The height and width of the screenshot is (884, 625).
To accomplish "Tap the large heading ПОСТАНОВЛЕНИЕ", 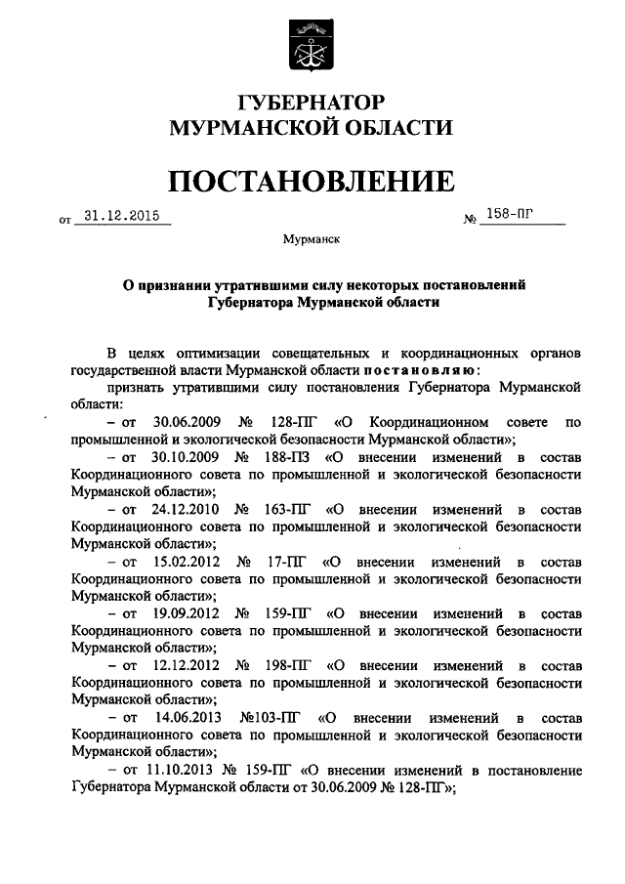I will click(x=312, y=181).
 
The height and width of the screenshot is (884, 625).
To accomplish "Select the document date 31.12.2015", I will click(x=121, y=217).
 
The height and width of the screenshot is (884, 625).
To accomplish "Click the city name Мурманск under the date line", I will click(x=311, y=238).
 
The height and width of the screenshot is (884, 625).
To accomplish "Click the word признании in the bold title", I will click(x=176, y=285).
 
